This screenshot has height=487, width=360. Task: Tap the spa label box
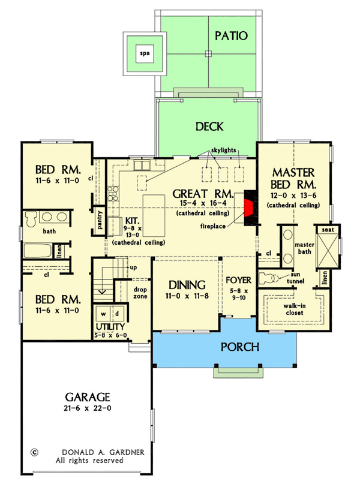[x=145, y=54]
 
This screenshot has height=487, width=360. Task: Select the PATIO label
[x=231, y=35]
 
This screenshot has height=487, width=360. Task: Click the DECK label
[x=209, y=127]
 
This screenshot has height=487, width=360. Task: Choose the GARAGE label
[x=87, y=396]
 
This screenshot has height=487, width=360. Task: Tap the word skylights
[x=223, y=149]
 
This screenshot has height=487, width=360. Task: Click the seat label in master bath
[x=328, y=230]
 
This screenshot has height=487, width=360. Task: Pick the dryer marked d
[x=118, y=314]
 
